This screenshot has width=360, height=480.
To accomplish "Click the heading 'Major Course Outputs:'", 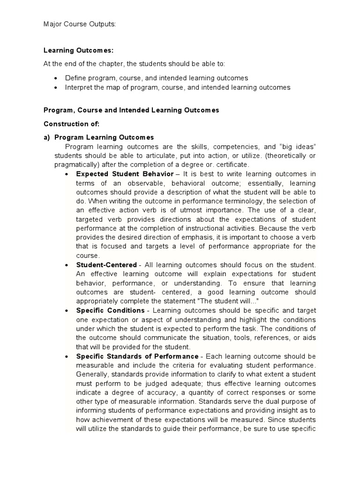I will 79,25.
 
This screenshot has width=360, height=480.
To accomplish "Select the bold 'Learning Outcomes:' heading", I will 79,50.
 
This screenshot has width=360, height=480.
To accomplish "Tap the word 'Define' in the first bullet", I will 75,78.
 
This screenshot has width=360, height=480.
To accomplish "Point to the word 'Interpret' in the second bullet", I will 78,87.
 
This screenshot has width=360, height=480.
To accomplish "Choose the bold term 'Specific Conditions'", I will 111,310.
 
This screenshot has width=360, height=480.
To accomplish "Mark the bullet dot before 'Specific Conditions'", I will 67,311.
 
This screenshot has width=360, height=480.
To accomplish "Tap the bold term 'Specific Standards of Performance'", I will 138,356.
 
